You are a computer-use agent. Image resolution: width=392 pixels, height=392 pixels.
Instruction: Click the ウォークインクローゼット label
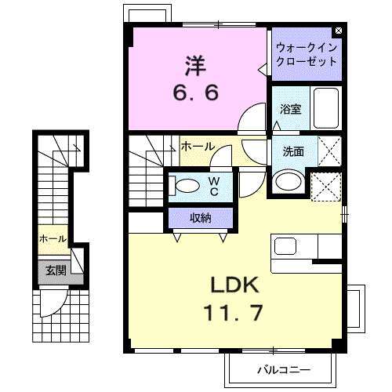point(306,54)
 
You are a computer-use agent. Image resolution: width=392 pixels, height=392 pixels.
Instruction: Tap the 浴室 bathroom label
point(291,110)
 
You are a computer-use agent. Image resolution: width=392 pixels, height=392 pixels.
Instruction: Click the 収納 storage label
point(199,218)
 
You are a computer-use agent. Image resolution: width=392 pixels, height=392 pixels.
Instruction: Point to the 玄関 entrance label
point(55,270)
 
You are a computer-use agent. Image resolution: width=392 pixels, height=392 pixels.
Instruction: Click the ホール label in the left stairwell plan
point(53,238)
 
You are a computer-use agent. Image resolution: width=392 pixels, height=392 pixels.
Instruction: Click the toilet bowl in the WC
point(187,186)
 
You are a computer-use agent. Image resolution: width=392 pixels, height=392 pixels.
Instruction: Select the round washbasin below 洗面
point(288,182)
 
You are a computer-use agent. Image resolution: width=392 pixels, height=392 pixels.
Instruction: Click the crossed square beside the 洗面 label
point(328,151)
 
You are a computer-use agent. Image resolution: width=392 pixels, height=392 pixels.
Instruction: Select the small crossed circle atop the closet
point(338,31)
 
